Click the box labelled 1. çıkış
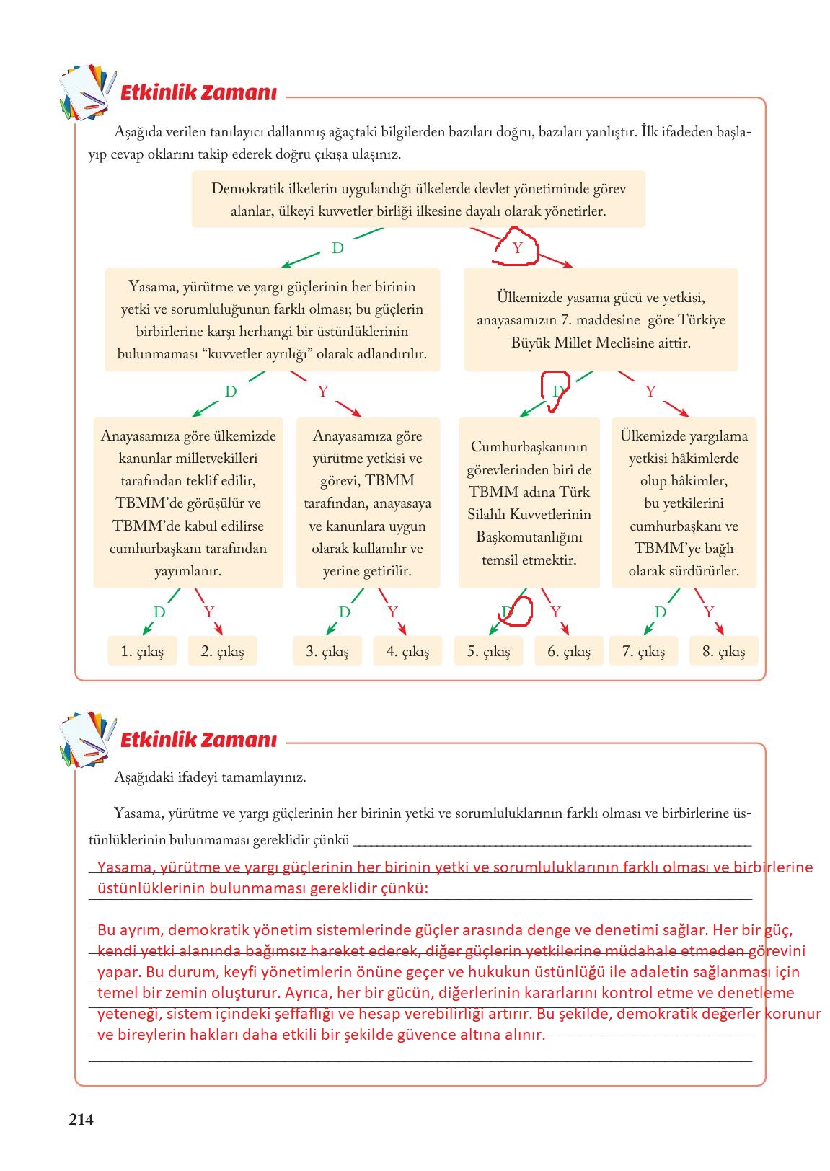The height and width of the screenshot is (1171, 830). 142,651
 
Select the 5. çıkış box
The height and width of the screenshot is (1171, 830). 488,651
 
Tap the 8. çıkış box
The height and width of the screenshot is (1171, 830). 723,651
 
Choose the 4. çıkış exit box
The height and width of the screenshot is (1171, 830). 407,651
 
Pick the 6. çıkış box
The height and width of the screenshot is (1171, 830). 568,651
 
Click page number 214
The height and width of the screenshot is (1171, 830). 81,1120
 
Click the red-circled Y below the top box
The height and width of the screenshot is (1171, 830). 517,248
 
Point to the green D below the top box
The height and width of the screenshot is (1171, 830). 337,248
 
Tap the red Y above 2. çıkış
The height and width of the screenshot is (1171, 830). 209,612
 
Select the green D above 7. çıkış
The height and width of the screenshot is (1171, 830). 660,612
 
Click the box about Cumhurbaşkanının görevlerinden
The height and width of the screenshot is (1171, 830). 529,503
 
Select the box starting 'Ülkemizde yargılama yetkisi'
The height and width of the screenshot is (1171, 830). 684,503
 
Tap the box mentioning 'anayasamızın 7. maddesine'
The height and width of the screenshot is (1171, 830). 601,319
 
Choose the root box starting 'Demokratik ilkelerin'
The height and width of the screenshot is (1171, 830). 418,200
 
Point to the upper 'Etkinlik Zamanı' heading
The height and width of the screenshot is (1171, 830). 198,93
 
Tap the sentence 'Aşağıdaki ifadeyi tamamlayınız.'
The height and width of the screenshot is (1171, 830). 210,777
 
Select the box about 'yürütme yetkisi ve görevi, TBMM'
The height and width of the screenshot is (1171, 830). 368,503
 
